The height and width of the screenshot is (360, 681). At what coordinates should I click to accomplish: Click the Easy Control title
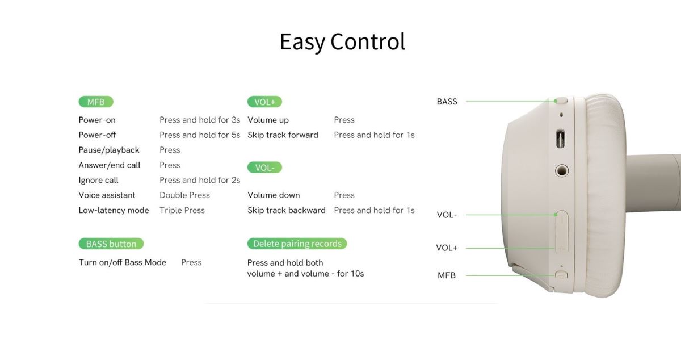(342, 42)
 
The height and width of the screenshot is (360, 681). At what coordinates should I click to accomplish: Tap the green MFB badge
(96, 102)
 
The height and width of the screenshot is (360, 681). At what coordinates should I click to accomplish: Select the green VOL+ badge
(264, 102)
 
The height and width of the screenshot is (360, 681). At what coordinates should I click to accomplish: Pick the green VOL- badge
(264, 168)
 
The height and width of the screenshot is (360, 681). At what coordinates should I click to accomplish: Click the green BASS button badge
(111, 244)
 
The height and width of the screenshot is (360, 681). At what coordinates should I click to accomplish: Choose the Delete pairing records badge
(297, 244)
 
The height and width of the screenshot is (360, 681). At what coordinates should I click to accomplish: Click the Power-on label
(97, 120)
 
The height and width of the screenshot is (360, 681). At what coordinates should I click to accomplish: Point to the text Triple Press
(182, 210)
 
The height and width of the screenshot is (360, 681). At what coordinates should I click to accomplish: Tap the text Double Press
(184, 195)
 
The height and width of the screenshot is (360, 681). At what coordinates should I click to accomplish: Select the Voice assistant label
(107, 195)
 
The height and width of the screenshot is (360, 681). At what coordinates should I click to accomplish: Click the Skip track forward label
(283, 135)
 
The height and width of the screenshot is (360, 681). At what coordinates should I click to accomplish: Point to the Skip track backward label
(287, 210)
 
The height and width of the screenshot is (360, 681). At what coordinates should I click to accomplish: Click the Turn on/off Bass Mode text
(123, 262)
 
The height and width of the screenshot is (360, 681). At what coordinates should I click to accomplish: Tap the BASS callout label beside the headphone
(447, 102)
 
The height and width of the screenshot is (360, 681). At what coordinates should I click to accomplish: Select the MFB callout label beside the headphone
(447, 275)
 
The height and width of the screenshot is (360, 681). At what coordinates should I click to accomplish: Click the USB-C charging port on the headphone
(561, 139)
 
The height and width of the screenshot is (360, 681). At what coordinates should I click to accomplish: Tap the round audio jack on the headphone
(561, 171)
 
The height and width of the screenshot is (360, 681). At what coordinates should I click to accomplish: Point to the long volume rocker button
(561, 231)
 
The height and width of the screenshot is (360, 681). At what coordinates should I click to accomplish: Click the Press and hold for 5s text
(200, 135)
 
